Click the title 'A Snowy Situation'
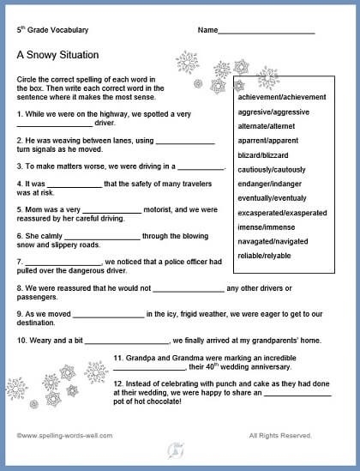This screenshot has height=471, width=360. tap(57, 55)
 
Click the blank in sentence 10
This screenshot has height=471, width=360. tap(129, 340)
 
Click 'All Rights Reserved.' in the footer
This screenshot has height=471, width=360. tap(280, 435)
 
